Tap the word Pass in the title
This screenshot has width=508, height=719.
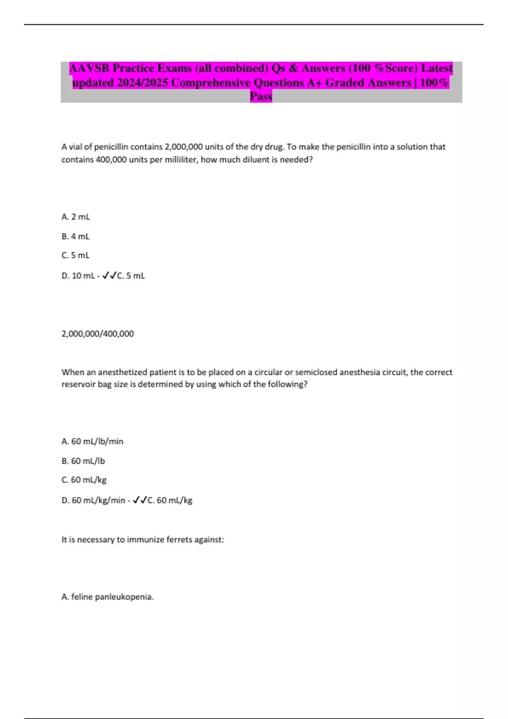pyautogui.click(x=261, y=96)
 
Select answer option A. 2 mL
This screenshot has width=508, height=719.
pyautogui.click(x=76, y=217)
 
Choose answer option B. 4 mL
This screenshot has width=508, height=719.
pyautogui.click(x=75, y=236)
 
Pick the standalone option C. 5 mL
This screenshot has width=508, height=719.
pyautogui.click(x=75, y=255)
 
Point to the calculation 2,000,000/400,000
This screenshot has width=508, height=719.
pyautogui.click(x=98, y=334)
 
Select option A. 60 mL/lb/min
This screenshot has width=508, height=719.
pyautogui.click(x=92, y=442)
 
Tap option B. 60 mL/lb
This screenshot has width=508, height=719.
pyautogui.click(x=83, y=461)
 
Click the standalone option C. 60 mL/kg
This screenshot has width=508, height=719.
pyautogui.click(x=84, y=480)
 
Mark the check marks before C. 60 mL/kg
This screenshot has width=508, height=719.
pyautogui.click(x=139, y=500)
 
